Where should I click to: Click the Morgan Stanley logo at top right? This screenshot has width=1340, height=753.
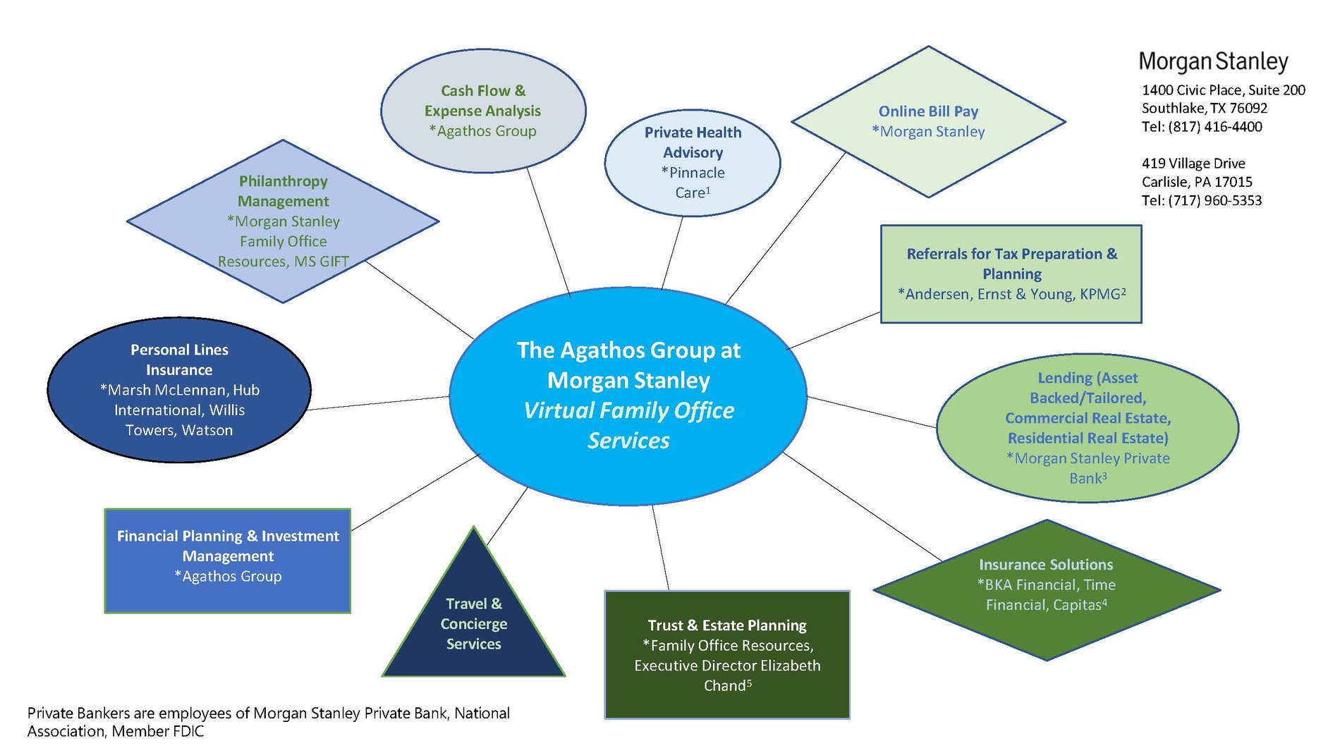pyautogui.click(x=1213, y=61)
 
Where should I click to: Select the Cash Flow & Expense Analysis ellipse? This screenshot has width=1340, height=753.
pyautogui.click(x=483, y=111)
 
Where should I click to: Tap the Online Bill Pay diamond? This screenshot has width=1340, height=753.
pyautogui.click(x=928, y=121)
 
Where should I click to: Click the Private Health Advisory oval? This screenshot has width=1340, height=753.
pyautogui.click(x=693, y=162)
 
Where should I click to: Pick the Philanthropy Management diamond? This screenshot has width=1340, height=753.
pyautogui.click(x=283, y=221)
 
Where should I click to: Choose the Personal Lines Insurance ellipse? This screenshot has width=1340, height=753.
pyautogui.click(x=179, y=390)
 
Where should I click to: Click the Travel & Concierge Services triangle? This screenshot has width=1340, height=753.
pyautogui.click(x=474, y=624)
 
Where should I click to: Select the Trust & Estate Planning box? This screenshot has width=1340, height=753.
pyautogui.click(x=727, y=654)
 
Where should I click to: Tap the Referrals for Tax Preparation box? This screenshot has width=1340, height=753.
pyautogui.click(x=1011, y=274)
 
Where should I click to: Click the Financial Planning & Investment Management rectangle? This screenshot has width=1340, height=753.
pyautogui.click(x=228, y=561)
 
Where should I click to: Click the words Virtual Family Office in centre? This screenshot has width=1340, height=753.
pyautogui.click(x=628, y=410)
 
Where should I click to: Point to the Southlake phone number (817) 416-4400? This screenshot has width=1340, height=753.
pyautogui.click(x=1214, y=127)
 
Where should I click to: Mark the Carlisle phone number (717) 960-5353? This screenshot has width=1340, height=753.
pyautogui.click(x=1214, y=200)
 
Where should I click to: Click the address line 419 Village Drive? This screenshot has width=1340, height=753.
pyautogui.click(x=1193, y=164)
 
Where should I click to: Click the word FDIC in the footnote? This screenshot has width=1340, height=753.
pyautogui.click(x=188, y=731)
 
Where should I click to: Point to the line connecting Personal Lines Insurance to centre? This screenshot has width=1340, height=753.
pyautogui.click(x=379, y=403)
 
